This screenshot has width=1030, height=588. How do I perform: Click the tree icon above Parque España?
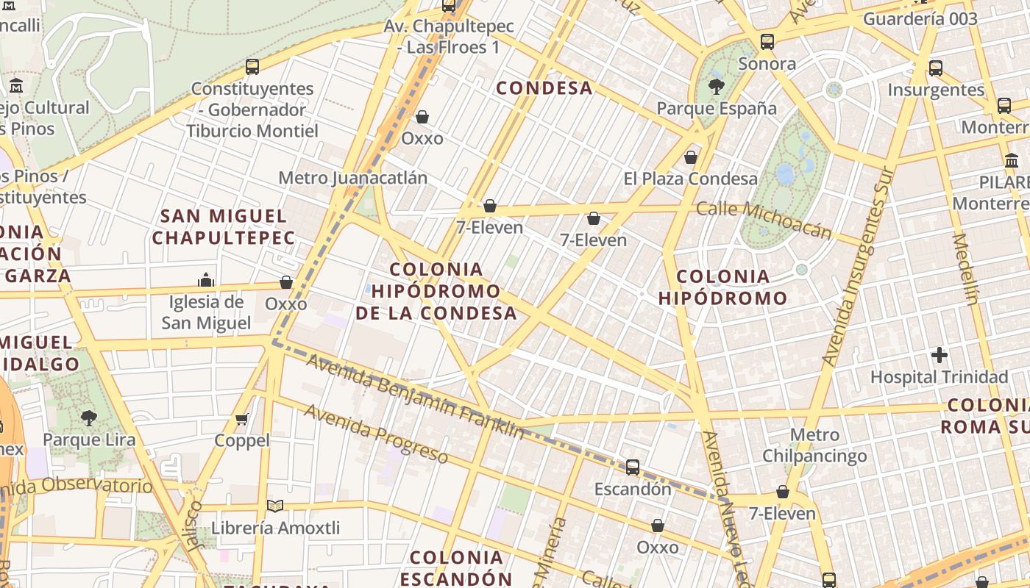click(x=716, y=87)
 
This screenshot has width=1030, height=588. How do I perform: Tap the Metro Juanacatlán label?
click(x=352, y=178)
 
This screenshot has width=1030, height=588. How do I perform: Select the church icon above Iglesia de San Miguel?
click(x=206, y=280)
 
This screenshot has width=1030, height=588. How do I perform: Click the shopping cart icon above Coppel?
click(x=242, y=419)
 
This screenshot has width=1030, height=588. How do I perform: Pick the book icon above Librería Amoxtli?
click(x=275, y=506)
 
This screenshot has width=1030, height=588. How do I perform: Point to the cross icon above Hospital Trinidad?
click(x=940, y=356)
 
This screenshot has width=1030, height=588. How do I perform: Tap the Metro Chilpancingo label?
click(x=814, y=445)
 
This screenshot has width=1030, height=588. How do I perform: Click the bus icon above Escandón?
click(x=633, y=467)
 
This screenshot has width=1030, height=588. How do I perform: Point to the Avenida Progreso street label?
click(x=376, y=434)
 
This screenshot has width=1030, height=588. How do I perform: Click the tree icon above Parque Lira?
click(x=89, y=418)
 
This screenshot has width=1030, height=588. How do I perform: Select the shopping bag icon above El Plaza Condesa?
click(x=691, y=157)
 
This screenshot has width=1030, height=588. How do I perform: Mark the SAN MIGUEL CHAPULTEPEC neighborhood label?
click(x=224, y=226)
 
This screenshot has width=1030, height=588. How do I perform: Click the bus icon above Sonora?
click(x=767, y=42)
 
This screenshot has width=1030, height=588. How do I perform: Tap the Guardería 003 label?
click(x=920, y=19)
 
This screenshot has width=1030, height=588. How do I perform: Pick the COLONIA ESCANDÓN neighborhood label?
click(x=456, y=567)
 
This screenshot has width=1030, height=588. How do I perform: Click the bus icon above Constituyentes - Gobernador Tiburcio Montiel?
click(x=252, y=67)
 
